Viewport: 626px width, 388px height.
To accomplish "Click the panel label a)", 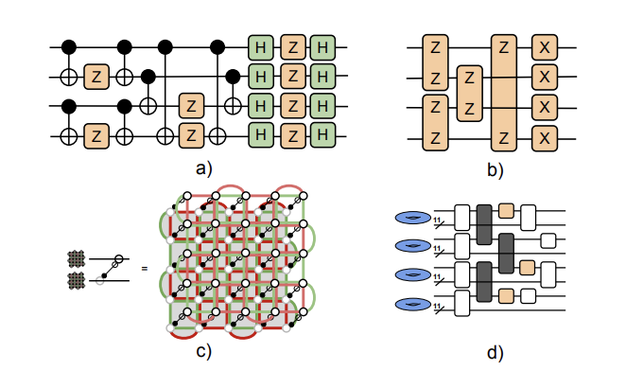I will coord(200,169).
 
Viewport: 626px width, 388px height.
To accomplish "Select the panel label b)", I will coord(495,169).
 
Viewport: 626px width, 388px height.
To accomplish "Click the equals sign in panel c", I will coord(145,269).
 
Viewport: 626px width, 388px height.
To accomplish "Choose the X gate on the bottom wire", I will coord(543,139).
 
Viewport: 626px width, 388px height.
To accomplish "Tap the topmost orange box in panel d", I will coord(507,210).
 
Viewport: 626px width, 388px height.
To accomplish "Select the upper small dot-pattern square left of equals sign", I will coord(77,258).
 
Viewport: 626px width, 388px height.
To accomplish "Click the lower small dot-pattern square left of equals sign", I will coord(77,279).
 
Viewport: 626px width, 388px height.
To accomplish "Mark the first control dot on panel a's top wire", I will coord(68,45).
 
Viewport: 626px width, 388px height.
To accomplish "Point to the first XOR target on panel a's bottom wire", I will coord(68,138).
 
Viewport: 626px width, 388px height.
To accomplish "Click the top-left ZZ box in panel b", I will coord(436,62).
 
